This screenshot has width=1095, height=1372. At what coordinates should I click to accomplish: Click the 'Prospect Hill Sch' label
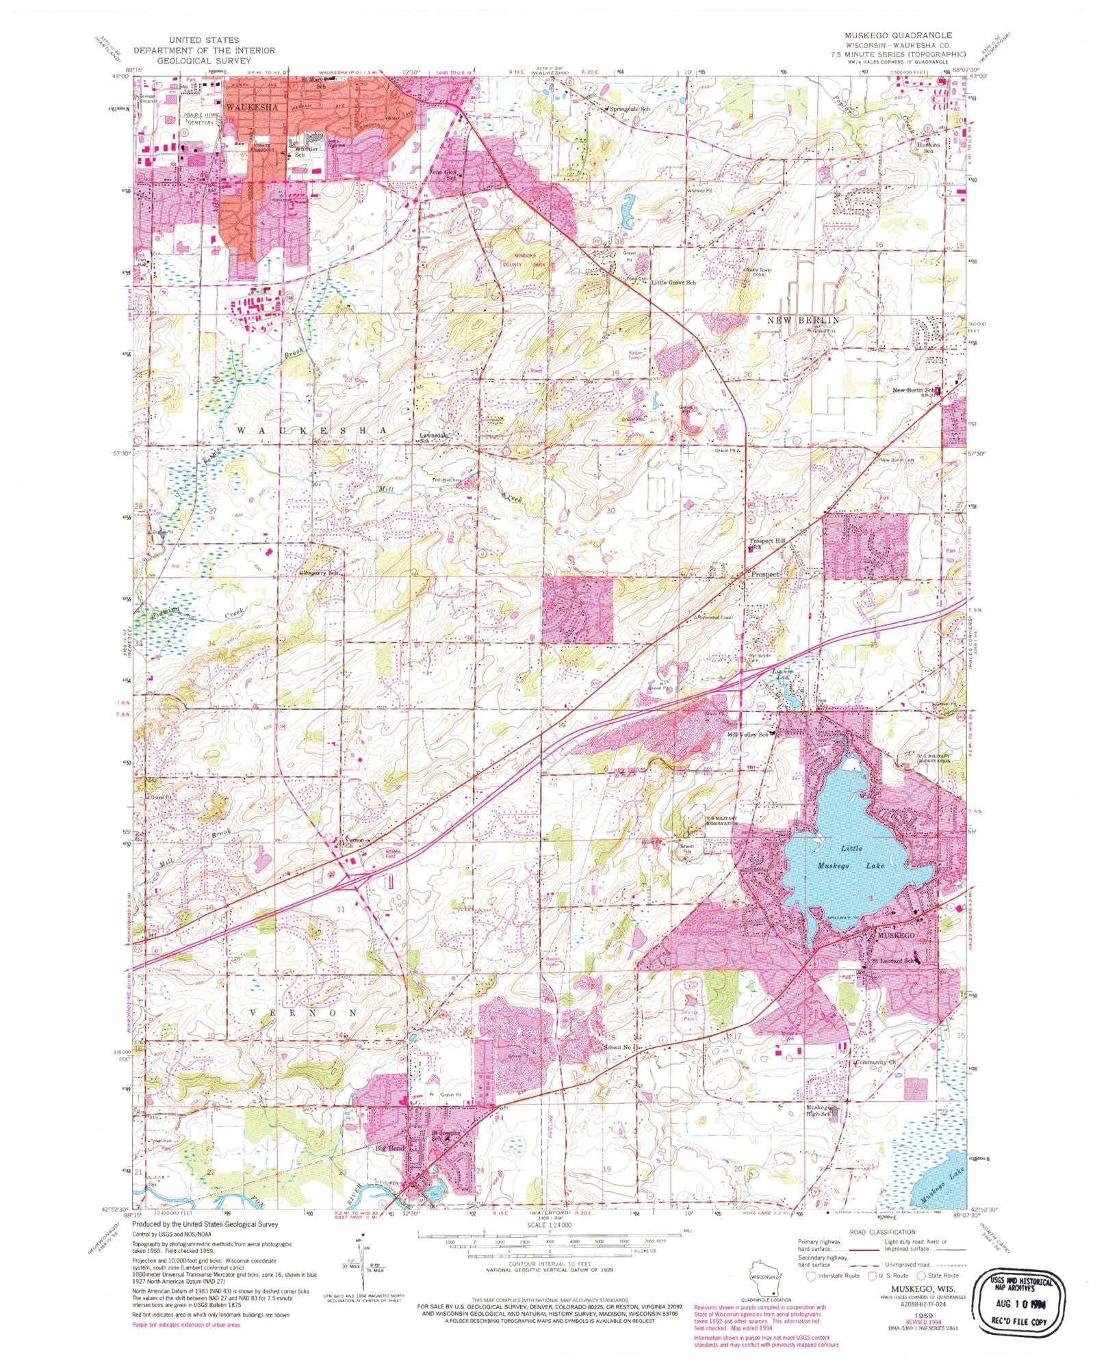tap(769, 544)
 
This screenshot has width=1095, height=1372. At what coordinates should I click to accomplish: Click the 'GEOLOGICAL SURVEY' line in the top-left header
tap(204, 60)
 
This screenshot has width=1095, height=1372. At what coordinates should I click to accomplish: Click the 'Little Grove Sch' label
tap(673, 282)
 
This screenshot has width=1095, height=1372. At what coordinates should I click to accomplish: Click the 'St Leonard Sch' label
tap(892, 961)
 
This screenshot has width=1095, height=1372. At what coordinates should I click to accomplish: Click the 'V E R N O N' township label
tap(302, 1012)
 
